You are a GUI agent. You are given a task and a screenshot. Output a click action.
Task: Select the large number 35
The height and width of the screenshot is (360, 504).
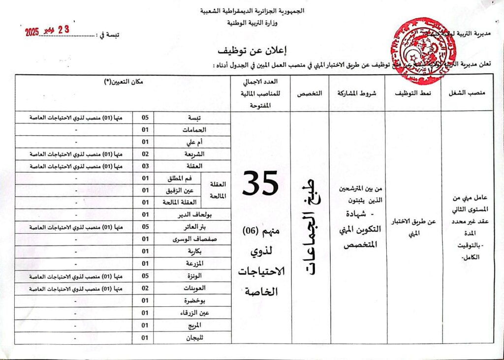coord(261,182)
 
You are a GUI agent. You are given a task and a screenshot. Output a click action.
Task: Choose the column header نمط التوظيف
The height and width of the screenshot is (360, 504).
coord(413,92)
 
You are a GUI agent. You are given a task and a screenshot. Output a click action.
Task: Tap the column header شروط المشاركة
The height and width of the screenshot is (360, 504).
coord(357,92)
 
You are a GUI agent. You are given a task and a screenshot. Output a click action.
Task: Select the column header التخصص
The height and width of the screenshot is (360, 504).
coord(311,92)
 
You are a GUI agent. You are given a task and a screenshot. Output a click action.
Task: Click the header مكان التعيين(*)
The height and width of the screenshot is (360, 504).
coord(123,82)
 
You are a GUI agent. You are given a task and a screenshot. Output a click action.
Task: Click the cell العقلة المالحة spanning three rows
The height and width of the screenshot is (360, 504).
coord(218,190)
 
